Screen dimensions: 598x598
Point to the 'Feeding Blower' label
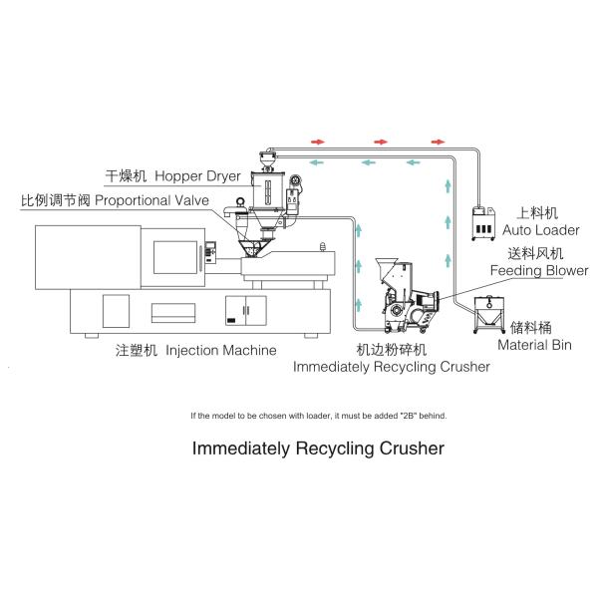pyautogui.click(x=538, y=269)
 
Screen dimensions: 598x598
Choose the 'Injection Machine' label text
pyautogui.click(x=220, y=351)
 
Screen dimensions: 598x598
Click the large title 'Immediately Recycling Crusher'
pyautogui.click(x=317, y=448)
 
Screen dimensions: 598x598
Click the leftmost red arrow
pyautogui.click(x=319, y=142)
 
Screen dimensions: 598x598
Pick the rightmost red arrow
pyautogui.click(x=438, y=142)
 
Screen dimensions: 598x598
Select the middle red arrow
pyautogui.click(x=379, y=142)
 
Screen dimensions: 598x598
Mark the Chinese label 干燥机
pyautogui.click(x=127, y=176)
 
